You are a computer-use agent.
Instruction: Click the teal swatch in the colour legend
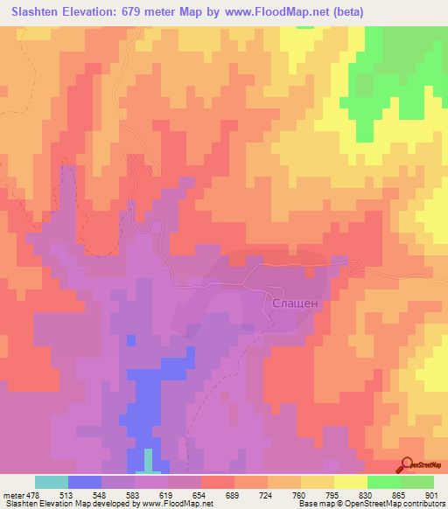pos(52,482)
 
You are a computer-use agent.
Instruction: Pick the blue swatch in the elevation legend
pos(85,482)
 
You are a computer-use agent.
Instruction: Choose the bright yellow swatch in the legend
pos(350,482)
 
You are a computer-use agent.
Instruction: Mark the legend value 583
pos(136,494)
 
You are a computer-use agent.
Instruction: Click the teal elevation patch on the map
pos(149,461)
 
